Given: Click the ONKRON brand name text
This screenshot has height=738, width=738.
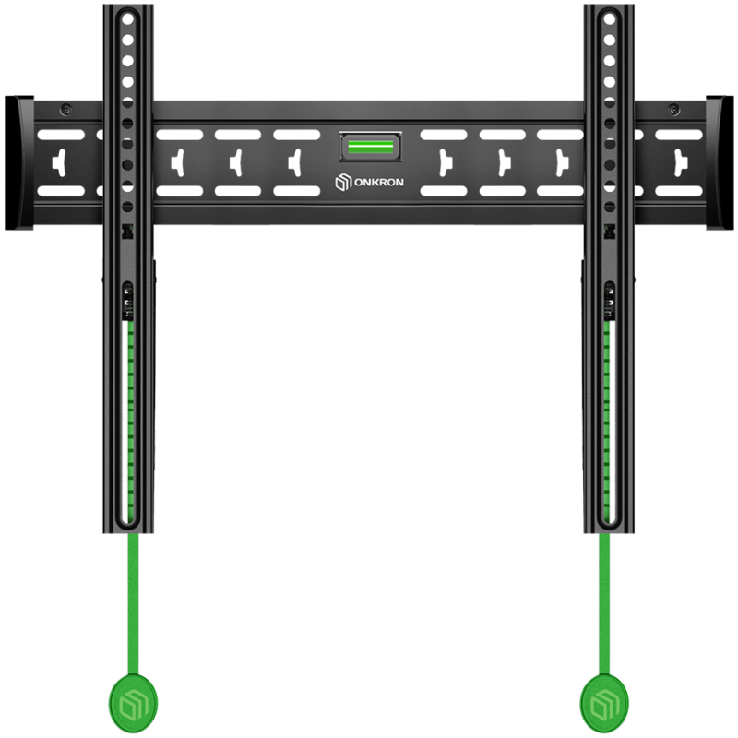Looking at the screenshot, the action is [x=378, y=182].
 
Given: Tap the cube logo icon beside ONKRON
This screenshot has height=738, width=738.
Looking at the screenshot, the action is [x=343, y=182].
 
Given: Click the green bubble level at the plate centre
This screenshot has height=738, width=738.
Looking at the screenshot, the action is [x=371, y=147].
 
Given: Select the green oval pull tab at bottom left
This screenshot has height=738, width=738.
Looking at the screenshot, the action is [x=133, y=703].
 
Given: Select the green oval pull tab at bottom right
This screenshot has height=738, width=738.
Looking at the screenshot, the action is [x=604, y=703].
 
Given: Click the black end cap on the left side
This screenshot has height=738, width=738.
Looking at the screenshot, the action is [x=18, y=163].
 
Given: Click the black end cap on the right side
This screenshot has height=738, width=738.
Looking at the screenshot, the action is [x=720, y=163].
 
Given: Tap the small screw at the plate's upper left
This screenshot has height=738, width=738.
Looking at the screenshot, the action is [x=65, y=110].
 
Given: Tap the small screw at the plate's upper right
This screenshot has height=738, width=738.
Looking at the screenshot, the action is [x=674, y=110].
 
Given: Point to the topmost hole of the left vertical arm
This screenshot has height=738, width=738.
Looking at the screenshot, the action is [x=127, y=19].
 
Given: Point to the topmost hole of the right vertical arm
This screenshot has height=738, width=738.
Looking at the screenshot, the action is [x=610, y=19].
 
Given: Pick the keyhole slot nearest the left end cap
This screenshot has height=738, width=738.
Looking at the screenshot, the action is [x=59, y=163].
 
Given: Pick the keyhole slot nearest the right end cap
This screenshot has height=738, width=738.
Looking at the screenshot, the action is [x=680, y=163].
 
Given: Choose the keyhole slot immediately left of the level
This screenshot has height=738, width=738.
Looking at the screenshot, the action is [x=295, y=163].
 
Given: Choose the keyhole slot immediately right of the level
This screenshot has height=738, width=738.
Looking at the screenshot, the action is [x=445, y=163].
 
